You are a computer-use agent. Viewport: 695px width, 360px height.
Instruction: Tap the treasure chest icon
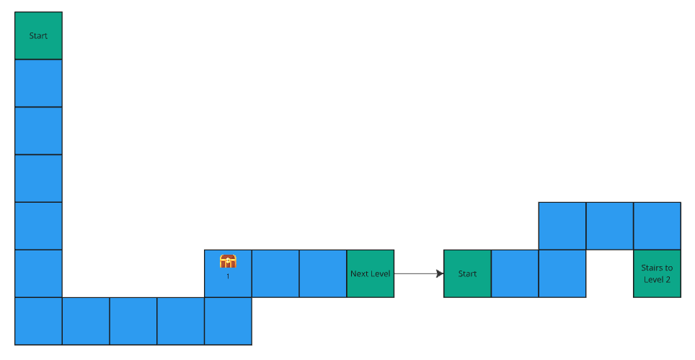click(228, 261)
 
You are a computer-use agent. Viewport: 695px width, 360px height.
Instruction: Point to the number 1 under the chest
click(228, 276)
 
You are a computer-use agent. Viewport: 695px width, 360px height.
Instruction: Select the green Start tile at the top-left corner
click(38, 35)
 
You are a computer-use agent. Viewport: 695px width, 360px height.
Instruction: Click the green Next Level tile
click(371, 273)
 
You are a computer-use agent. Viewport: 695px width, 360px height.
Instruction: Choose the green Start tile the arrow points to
click(467, 273)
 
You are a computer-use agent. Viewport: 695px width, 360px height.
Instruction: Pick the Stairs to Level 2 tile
click(657, 273)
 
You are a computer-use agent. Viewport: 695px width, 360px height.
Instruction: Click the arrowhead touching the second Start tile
click(439, 273)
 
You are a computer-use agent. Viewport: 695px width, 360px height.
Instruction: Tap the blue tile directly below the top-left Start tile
click(38, 83)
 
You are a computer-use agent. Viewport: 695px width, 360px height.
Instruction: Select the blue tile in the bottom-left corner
click(38, 321)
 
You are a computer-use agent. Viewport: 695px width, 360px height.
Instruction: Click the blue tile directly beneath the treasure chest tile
click(228, 321)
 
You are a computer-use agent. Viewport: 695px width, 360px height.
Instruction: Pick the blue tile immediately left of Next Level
click(323, 273)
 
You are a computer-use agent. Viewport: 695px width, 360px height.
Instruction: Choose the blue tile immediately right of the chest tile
click(275, 273)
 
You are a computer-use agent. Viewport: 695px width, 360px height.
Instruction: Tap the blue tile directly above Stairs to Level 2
click(657, 226)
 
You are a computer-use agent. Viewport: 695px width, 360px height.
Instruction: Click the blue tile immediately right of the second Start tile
click(515, 273)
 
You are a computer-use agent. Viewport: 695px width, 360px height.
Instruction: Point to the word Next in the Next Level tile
click(359, 274)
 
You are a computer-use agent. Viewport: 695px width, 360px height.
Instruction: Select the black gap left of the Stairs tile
click(609, 273)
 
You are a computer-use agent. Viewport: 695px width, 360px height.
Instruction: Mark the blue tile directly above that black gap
click(609, 226)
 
